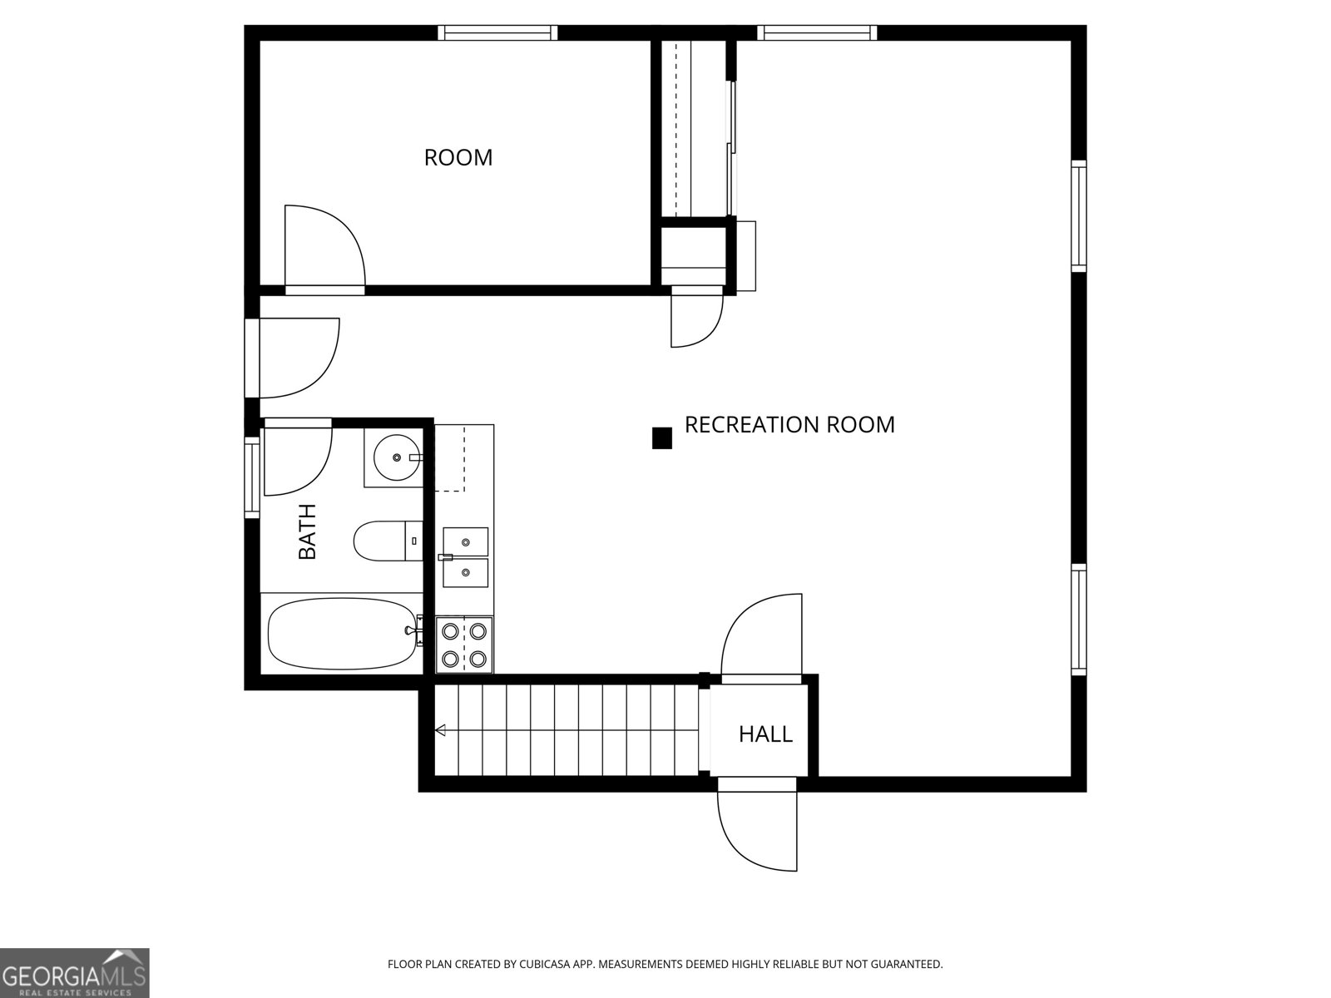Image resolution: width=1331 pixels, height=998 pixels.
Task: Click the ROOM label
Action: (458, 157)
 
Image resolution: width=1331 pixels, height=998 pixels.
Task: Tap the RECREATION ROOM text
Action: (789, 424)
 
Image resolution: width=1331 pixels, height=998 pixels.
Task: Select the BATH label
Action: (308, 531)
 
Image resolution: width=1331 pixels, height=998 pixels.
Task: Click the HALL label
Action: (765, 734)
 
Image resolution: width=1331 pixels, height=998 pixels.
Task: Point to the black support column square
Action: (661, 438)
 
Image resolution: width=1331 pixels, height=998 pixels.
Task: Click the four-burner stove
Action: (464, 645)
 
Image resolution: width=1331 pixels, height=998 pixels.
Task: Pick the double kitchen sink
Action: (465, 557)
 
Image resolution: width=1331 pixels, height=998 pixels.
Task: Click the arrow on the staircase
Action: (441, 730)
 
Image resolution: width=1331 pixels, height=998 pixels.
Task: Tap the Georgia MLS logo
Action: (74, 972)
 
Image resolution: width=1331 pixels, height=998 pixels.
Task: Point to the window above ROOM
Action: (498, 32)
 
